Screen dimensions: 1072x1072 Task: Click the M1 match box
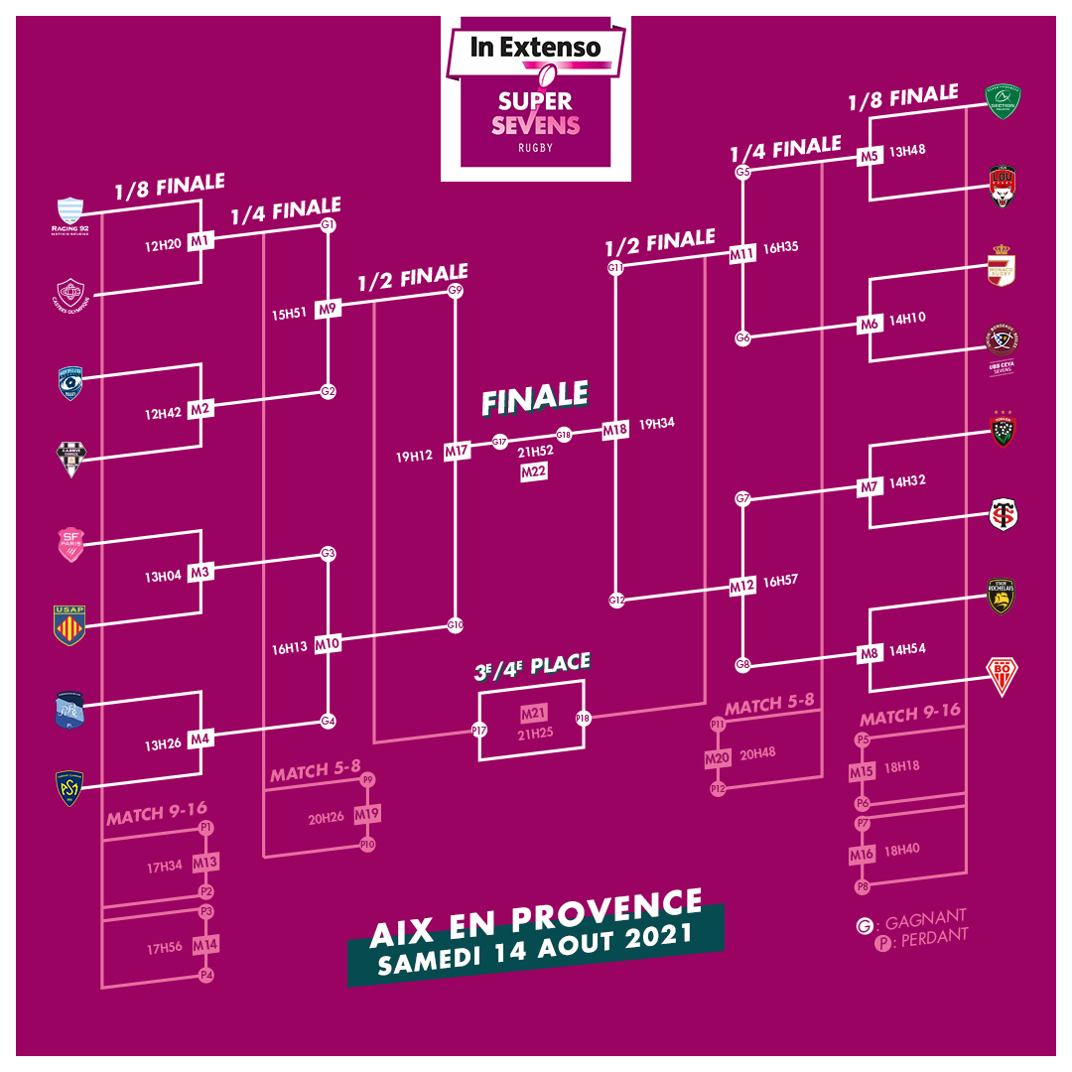click(x=201, y=241)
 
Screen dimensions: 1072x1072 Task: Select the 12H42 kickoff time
click(x=163, y=413)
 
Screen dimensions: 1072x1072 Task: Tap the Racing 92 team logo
click(x=69, y=213)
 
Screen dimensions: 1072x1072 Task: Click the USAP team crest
click(x=69, y=625)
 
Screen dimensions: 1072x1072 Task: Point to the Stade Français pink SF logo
click(x=69, y=544)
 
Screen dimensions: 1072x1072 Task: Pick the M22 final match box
click(x=534, y=473)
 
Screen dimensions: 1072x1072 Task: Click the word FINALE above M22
click(x=535, y=398)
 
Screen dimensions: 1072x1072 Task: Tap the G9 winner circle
click(x=456, y=290)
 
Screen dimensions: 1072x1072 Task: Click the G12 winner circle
click(x=616, y=600)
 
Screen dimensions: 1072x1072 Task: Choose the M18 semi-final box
click(x=615, y=430)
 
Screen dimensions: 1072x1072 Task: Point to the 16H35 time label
click(x=780, y=249)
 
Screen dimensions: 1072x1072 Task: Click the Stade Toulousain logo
click(x=1004, y=515)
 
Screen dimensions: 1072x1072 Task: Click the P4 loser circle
click(x=206, y=975)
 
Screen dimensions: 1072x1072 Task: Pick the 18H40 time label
click(x=901, y=850)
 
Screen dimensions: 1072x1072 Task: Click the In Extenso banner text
click(x=536, y=46)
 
